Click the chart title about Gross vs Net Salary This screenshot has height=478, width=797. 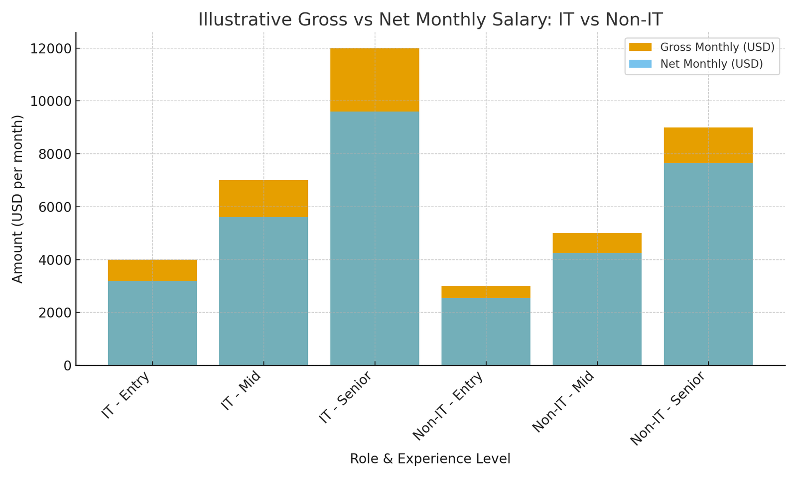430,20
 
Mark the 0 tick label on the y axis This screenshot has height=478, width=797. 67,366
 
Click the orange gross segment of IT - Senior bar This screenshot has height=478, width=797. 375,80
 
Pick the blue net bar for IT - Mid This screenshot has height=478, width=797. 264,291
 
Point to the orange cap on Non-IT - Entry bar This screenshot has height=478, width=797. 486,292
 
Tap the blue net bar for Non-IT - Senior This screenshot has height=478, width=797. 708,264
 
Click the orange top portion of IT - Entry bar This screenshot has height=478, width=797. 152,270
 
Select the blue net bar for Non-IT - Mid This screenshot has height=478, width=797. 597,309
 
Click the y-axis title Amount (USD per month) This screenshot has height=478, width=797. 18,199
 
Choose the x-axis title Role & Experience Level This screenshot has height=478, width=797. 430,459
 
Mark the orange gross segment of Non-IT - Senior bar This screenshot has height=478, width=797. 708,145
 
